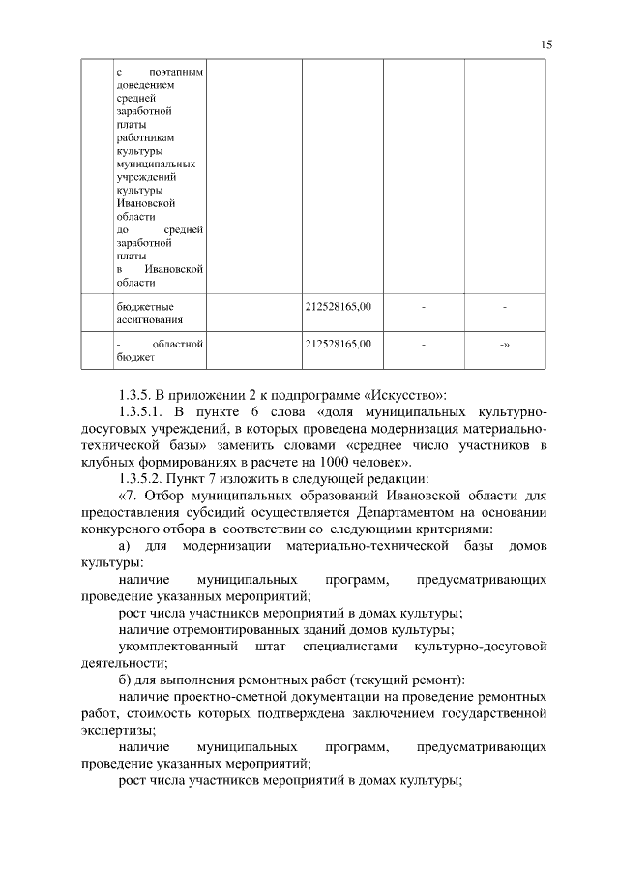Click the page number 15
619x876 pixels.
pos(546,45)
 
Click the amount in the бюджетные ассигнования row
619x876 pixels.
pos(338,307)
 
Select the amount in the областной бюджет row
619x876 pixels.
pos(338,344)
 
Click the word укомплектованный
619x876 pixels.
pos(176,647)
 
